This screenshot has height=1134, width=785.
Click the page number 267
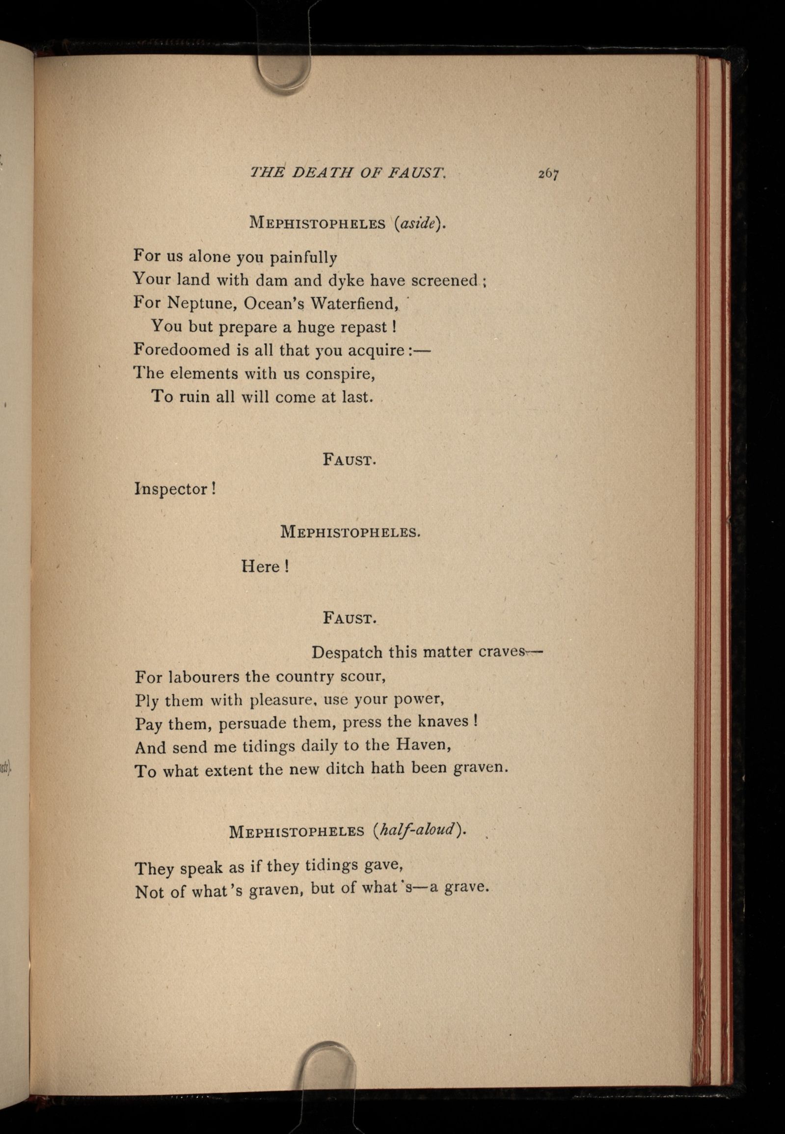tap(548, 174)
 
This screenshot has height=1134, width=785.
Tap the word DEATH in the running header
tap(322, 172)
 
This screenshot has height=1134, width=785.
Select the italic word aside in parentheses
tap(418, 223)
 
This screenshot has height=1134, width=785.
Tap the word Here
tap(261, 567)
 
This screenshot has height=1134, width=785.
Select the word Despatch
tap(347, 652)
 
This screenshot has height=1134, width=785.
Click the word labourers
tap(204, 677)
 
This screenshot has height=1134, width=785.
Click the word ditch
tap(347, 768)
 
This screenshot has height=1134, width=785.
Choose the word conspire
tap(340, 373)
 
